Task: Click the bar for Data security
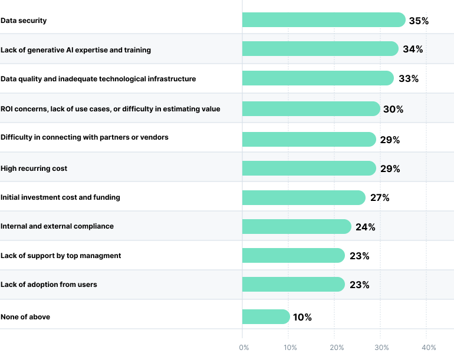point(323,20)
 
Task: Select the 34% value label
point(413,49)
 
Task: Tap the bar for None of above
point(265,317)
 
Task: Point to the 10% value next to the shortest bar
point(302,318)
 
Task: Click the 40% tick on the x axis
point(429,348)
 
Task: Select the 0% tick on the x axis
point(244,348)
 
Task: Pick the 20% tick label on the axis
point(336,348)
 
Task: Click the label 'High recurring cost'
point(34,169)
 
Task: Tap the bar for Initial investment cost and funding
point(303,197)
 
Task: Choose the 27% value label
point(380,198)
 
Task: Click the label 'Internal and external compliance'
point(57,226)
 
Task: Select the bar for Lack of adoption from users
point(293,285)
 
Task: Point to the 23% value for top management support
point(359,256)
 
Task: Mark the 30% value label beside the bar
point(394,110)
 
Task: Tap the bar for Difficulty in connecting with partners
point(308,139)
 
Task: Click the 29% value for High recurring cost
point(390,169)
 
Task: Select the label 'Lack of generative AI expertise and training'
point(75,50)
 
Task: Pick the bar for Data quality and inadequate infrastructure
point(317,78)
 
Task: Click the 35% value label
point(419,21)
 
